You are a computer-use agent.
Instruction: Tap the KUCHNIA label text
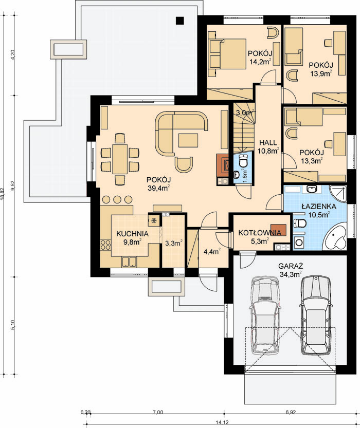point(133,234)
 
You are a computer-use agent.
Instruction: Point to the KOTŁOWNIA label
point(260,233)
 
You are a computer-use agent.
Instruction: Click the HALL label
point(268,142)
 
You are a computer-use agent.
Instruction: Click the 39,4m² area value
point(159,188)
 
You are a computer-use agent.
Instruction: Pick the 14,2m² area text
point(260,62)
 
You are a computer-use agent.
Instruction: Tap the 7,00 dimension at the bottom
point(158,413)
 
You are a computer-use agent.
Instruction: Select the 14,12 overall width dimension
point(222,423)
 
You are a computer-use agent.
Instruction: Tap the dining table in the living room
point(120,159)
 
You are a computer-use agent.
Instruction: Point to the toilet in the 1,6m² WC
point(243,161)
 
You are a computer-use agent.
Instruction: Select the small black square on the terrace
point(179,21)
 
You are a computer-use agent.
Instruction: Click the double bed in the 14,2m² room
point(227,53)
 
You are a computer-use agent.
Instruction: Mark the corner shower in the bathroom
point(338,194)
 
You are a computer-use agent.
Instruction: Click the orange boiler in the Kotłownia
point(278,230)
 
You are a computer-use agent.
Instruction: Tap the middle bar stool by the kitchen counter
point(117,199)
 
